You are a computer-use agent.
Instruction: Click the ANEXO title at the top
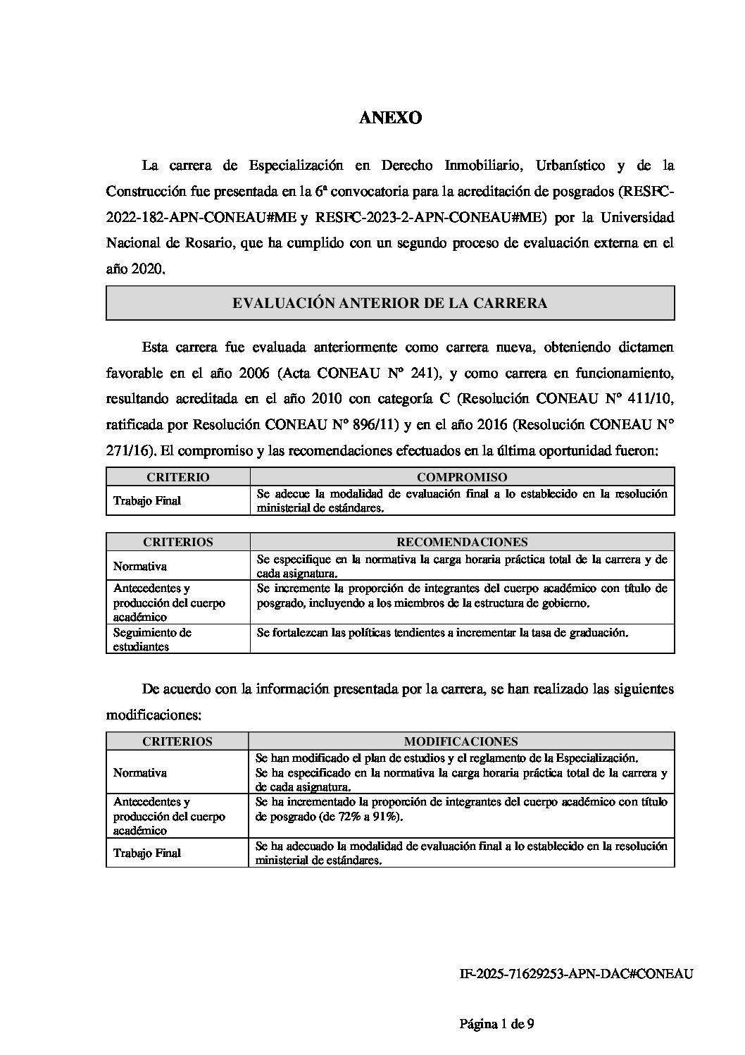(x=390, y=118)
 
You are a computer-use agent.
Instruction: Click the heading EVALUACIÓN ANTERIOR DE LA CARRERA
(x=390, y=304)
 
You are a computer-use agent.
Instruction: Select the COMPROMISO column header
(x=462, y=477)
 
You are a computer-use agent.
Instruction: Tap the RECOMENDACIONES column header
(x=462, y=542)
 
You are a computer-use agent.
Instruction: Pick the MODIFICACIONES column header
(x=461, y=741)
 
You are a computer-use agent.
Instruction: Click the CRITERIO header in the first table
(x=178, y=477)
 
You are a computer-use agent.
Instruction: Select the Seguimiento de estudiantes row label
(x=152, y=639)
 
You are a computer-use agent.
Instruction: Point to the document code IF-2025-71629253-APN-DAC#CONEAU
(x=576, y=974)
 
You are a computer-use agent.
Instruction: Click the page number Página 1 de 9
(x=501, y=1024)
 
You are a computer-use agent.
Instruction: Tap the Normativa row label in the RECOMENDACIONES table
(x=140, y=566)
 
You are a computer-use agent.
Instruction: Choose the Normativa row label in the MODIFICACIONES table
(x=140, y=772)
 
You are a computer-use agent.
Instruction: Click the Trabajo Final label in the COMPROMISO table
(x=147, y=501)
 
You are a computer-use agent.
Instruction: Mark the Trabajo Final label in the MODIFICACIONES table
(x=147, y=853)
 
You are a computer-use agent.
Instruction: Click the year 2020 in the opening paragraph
(x=149, y=269)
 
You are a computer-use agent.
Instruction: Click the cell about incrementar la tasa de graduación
(x=442, y=633)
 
